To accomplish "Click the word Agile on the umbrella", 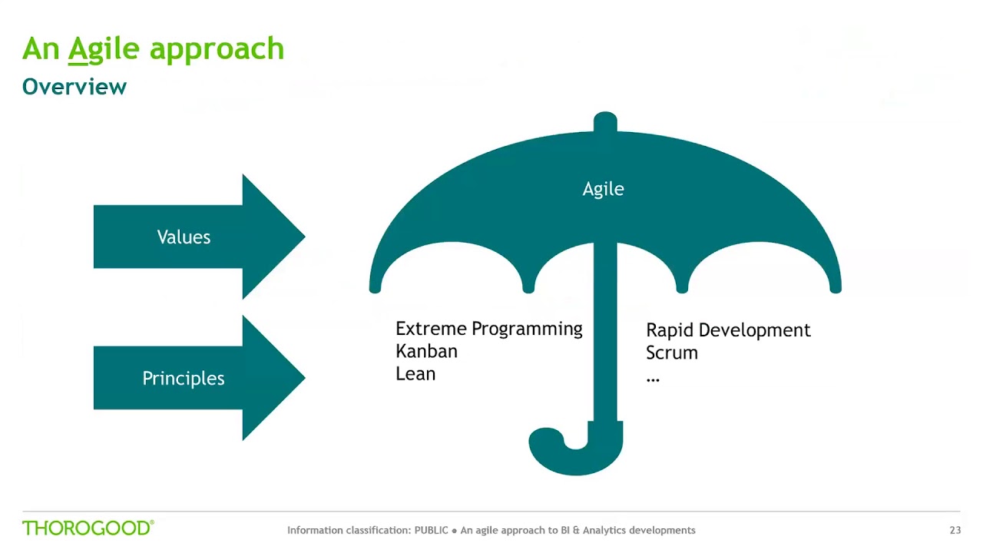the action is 603,189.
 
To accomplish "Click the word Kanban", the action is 426,351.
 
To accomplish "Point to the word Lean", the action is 415,374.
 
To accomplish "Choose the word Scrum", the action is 672,353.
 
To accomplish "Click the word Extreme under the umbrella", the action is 430,329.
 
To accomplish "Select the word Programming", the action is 527,329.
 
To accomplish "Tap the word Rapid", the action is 669,330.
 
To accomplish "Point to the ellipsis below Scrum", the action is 653,379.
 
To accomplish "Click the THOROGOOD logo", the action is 88,528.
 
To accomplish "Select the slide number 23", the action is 955,530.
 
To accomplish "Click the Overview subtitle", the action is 74,87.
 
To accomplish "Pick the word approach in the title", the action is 217,48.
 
